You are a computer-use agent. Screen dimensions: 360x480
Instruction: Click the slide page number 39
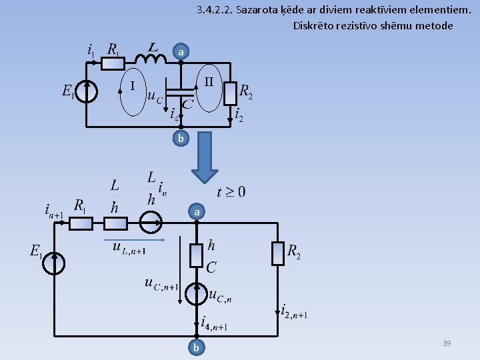pyautogui.click(x=447, y=343)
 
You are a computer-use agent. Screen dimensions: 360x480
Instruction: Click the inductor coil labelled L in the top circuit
pyautogui.click(x=155, y=59)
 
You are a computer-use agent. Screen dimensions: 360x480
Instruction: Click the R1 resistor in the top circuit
pyautogui.click(x=112, y=63)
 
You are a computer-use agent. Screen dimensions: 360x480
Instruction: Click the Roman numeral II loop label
pyautogui.click(x=209, y=83)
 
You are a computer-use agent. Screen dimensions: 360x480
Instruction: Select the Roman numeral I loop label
pyautogui.click(x=133, y=86)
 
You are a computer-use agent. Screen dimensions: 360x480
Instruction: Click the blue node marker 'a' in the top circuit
pyautogui.click(x=181, y=51)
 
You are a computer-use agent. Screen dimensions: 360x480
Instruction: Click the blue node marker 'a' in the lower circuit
pyautogui.click(x=197, y=212)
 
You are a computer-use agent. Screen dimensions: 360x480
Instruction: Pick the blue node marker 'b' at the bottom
pyautogui.click(x=196, y=347)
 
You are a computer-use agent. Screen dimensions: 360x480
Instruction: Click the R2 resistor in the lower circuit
pyautogui.click(x=279, y=252)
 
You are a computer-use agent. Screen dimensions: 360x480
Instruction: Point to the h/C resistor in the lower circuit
pyautogui.click(x=197, y=255)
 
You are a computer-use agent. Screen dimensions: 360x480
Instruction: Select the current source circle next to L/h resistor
pyautogui.click(x=151, y=223)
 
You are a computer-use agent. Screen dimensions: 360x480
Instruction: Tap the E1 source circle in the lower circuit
pyautogui.click(x=54, y=263)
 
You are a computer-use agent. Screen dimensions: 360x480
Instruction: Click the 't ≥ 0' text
pyautogui.click(x=231, y=192)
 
